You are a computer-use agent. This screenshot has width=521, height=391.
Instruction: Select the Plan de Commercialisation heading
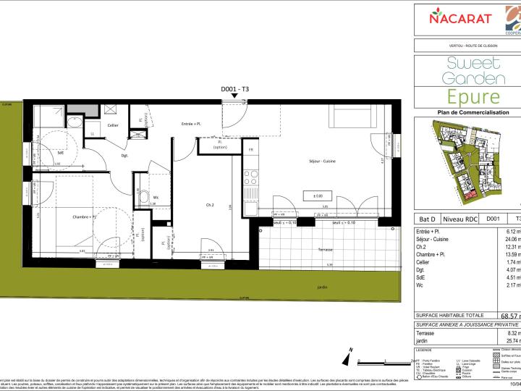coord(473,112)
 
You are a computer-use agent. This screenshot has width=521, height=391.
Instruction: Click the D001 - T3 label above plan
coord(234,88)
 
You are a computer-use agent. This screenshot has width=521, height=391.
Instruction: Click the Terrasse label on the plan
coord(325,249)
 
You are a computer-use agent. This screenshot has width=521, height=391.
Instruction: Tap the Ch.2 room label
coord(210,206)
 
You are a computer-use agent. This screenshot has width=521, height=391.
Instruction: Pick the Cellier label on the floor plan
coord(112,125)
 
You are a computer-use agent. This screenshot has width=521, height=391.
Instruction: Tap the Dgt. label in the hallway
coord(105,155)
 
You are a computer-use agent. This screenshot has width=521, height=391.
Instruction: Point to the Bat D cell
coord(427,217)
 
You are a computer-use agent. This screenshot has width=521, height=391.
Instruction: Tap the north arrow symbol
coord(349,358)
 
